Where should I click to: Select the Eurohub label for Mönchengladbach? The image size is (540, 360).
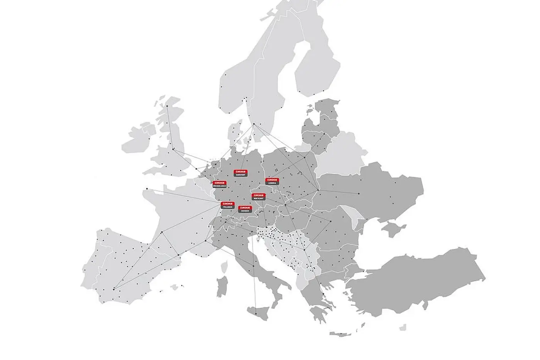point(219,184)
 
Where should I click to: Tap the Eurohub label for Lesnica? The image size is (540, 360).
point(272,181)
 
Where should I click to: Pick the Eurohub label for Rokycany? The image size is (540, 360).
point(258,197)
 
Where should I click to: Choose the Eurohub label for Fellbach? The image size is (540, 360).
point(228,205)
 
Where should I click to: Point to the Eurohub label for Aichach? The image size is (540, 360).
point(245,209)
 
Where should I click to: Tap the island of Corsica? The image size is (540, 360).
point(223,266)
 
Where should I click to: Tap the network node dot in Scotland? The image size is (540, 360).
point(167,106)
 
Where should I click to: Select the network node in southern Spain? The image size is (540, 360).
point(113,289)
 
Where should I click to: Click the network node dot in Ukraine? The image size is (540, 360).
point(359,194)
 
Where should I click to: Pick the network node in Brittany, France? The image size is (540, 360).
point(147,188)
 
